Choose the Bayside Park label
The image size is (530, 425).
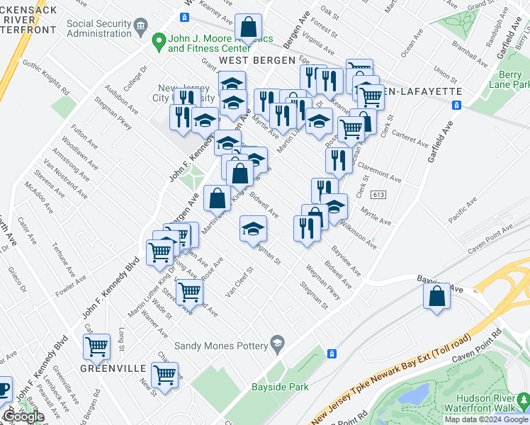[x=280, y=387]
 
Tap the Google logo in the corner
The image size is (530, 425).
[x=23, y=416]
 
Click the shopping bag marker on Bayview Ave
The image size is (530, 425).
[x=437, y=296]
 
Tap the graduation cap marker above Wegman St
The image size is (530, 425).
[x=253, y=229]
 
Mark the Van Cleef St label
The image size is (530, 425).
[x=239, y=283]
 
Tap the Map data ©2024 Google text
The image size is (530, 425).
[x=485, y=419]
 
